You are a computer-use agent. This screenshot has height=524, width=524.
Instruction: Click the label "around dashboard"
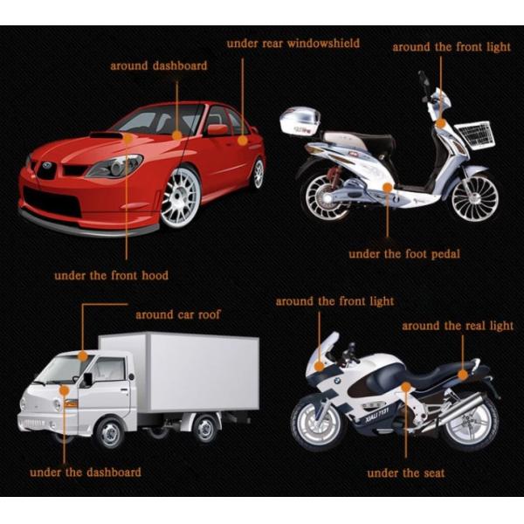point(158,65)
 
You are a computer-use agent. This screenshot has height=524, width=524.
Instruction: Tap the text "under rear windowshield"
point(293,43)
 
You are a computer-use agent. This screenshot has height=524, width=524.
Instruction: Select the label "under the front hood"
point(111,275)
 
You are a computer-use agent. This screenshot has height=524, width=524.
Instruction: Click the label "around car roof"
point(178,314)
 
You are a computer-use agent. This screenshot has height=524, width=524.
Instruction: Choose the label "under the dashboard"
point(86,472)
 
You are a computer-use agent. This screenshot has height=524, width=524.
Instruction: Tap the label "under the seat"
point(405,473)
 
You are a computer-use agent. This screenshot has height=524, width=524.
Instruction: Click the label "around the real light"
point(457,326)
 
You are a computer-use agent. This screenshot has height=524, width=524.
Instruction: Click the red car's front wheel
point(181,196)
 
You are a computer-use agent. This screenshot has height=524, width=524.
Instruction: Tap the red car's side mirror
point(217,130)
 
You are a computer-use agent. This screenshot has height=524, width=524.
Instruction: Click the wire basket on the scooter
point(472,134)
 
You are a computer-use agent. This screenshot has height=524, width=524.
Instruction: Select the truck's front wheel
point(110,431)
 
